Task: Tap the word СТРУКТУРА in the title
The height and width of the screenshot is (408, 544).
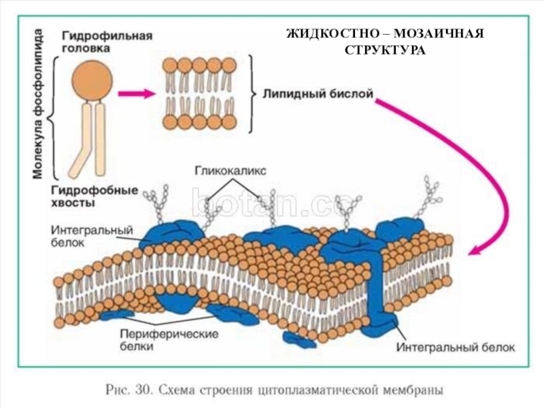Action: (385, 51)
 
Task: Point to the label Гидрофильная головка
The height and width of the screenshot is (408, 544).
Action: (107, 41)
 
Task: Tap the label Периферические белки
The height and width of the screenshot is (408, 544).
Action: (169, 340)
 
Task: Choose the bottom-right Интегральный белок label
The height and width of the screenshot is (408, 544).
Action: (456, 347)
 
